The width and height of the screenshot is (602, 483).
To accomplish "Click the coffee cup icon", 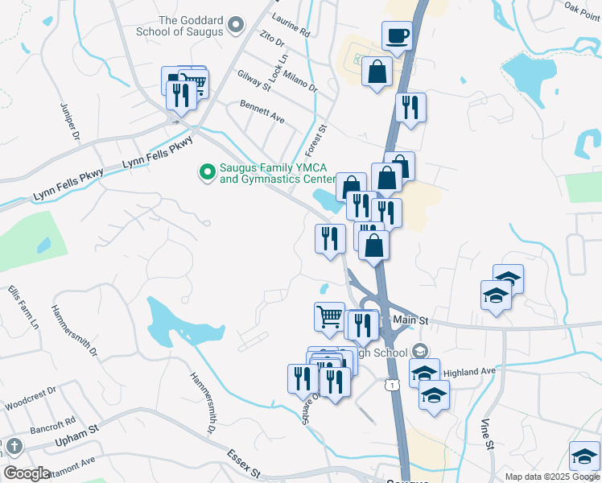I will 398,35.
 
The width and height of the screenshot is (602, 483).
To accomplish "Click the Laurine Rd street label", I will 291,27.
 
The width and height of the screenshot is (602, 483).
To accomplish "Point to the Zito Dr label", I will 272,38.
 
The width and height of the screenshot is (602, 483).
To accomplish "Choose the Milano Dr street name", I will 302,79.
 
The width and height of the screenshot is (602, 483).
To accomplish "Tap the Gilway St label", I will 254,79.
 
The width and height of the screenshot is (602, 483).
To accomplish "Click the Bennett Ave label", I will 262,112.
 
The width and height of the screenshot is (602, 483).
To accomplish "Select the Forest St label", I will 316,139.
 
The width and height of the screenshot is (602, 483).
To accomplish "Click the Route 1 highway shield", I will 391,386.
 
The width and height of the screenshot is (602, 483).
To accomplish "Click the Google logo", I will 27,473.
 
